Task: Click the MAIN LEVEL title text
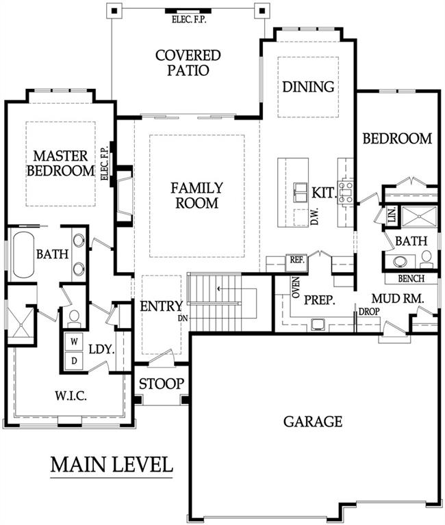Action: (x=112, y=464)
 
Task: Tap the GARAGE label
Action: (x=313, y=421)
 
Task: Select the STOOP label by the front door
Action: (x=162, y=383)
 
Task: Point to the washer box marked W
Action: (x=75, y=342)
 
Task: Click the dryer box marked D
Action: (x=75, y=361)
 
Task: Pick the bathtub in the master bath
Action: (x=23, y=254)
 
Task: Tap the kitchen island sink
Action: (x=301, y=193)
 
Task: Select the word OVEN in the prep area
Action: (x=296, y=288)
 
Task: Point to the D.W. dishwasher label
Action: (x=314, y=216)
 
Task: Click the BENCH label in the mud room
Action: (x=411, y=278)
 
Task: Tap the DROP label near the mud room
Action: (x=369, y=312)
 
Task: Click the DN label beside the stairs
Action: (x=183, y=319)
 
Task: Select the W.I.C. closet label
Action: (x=71, y=396)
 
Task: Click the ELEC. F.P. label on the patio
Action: (x=189, y=19)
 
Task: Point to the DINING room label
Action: (x=308, y=87)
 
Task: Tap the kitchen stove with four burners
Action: (x=346, y=192)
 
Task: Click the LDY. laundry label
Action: (x=102, y=349)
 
